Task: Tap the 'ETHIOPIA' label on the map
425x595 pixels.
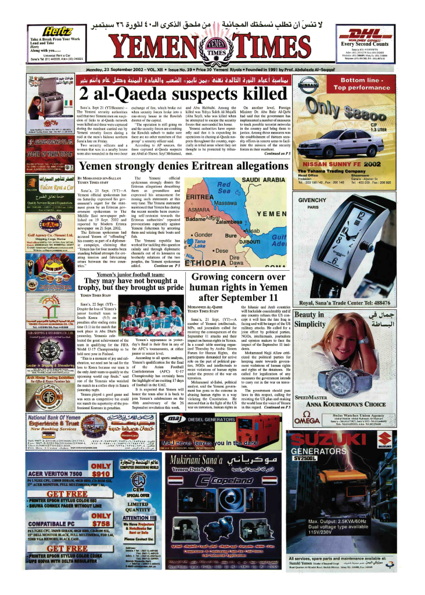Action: click(211, 263)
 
